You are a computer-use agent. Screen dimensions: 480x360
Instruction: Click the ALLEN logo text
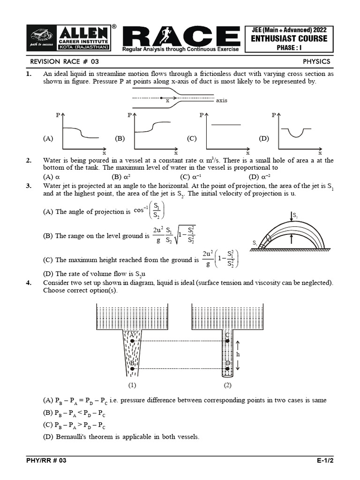84,32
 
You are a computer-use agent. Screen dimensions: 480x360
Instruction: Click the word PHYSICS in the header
316,61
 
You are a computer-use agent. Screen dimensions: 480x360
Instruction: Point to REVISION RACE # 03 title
64,61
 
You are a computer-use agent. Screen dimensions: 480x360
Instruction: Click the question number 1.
29,74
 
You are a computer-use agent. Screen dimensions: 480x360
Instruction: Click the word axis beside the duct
221,101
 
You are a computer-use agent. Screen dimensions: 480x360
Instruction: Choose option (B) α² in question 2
120,177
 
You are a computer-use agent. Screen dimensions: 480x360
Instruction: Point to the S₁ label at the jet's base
255,243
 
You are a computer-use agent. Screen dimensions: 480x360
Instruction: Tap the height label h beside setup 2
238,354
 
